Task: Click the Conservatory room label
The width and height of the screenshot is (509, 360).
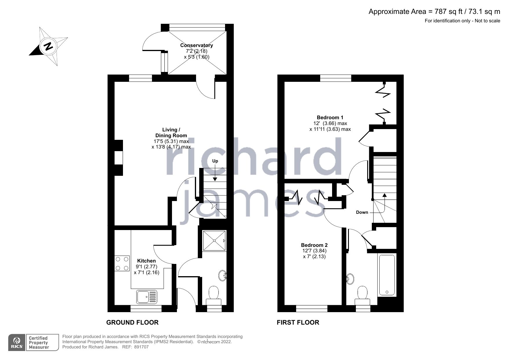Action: pos(196,45)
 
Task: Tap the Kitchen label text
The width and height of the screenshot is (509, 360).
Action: pos(146,261)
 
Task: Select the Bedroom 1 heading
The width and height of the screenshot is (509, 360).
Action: pos(330,117)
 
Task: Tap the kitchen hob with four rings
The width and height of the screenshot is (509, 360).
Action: pos(122,263)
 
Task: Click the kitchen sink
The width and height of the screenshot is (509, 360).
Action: pos(146,297)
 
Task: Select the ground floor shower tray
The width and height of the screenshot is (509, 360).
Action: pos(214,240)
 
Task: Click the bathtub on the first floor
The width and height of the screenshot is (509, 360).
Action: pos(387,275)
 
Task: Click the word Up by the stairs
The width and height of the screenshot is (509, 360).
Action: pos(215,161)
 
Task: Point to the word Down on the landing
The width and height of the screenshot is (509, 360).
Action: pos(362,212)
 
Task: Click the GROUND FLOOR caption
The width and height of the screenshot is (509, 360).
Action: pos(132,322)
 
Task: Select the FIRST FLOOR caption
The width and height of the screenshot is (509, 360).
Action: pos(298,322)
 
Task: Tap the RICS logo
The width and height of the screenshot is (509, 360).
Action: pos(17,343)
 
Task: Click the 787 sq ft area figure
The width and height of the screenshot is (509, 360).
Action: pos(444,12)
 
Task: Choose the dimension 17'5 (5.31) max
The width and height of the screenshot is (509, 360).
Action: pos(171,141)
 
